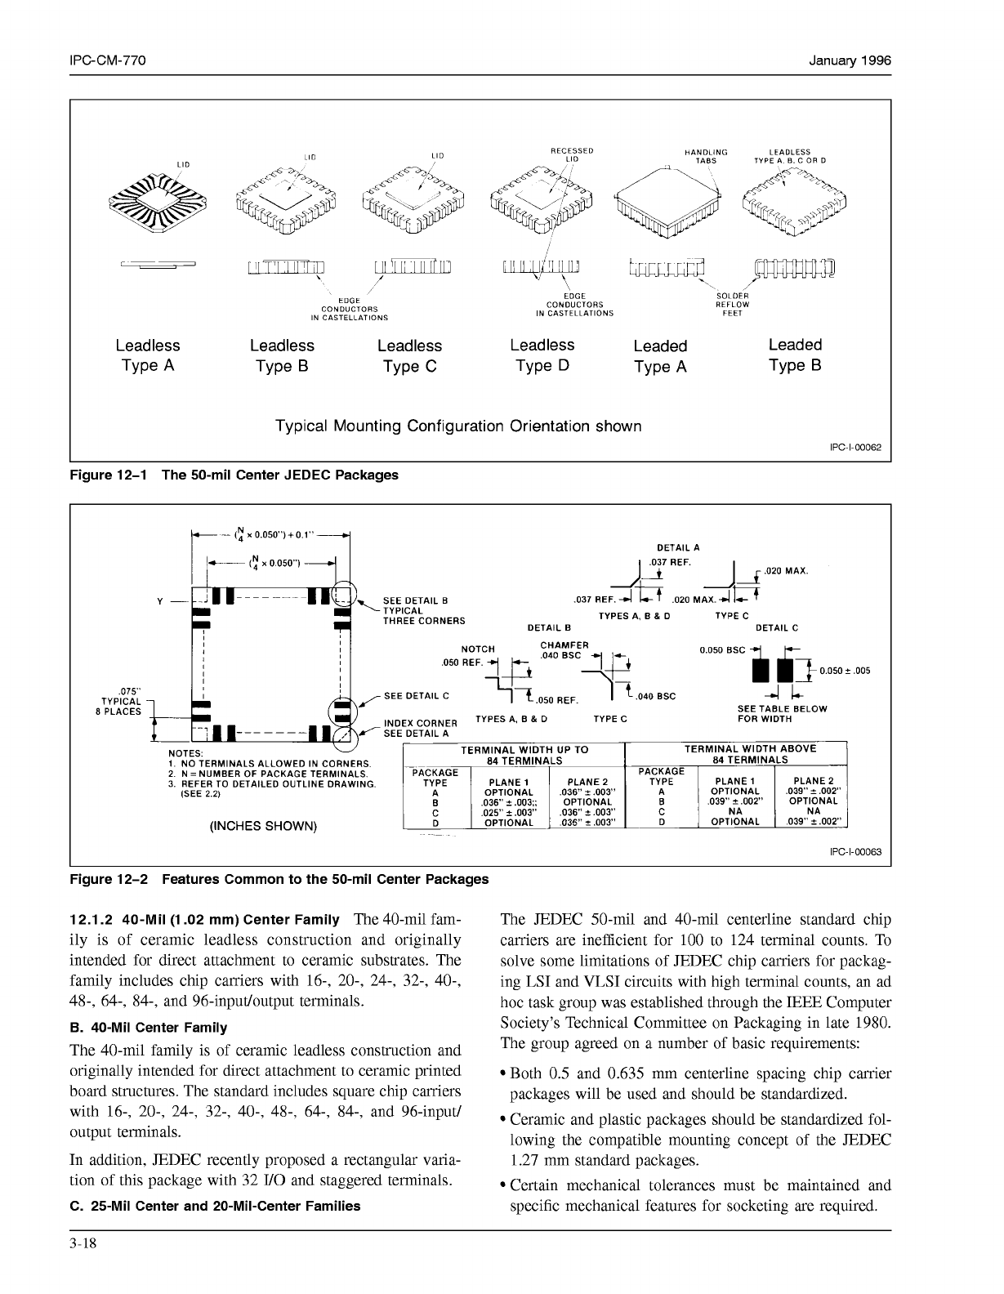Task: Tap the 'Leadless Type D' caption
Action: [x=542, y=355]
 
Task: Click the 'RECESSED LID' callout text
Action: [x=571, y=154]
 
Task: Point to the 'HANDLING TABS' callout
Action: [x=706, y=156]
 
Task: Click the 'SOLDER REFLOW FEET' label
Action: [x=732, y=304]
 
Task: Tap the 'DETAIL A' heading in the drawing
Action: [x=678, y=548]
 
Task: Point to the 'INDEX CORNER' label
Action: [x=421, y=723]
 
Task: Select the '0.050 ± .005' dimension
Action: [x=844, y=671]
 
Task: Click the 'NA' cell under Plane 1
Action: [x=736, y=812]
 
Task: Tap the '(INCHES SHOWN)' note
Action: [x=262, y=825]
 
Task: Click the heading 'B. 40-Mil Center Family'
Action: [x=149, y=1027]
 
